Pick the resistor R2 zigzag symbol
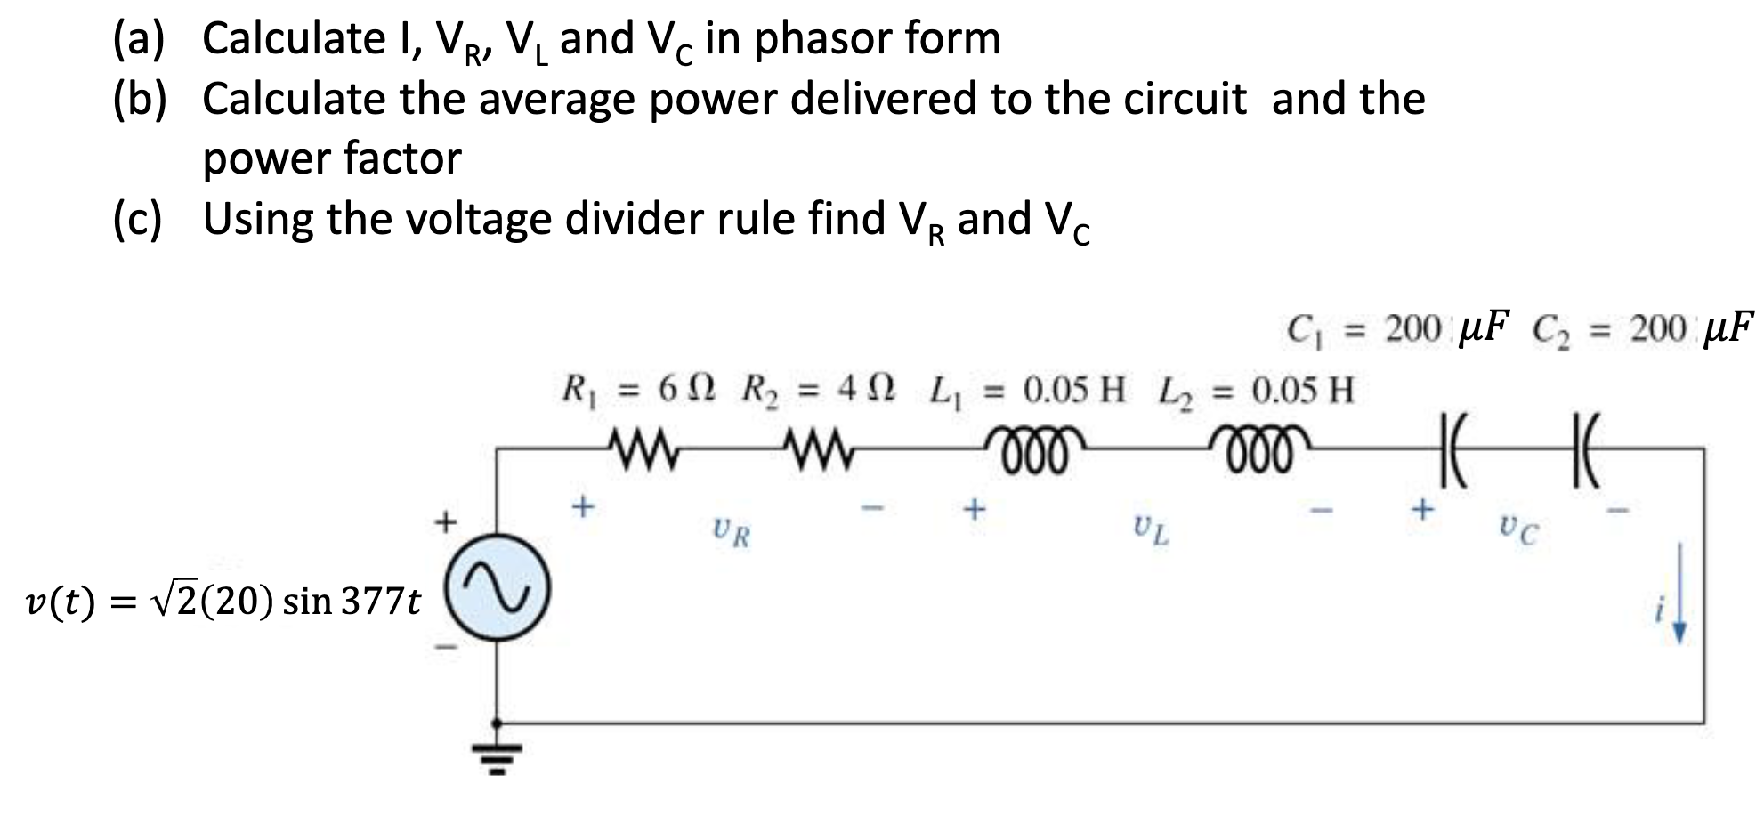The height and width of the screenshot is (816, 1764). (x=817, y=441)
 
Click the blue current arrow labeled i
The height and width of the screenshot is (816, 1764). (x=1679, y=605)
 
